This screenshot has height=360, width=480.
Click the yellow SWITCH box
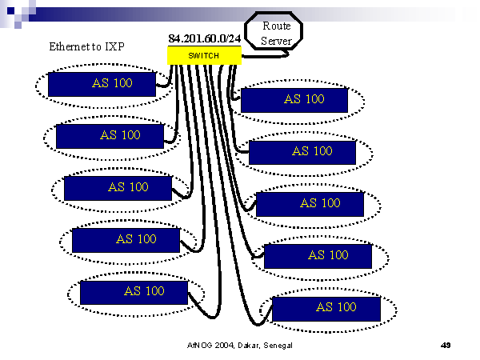point(204,55)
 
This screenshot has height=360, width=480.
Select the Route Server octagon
point(276,33)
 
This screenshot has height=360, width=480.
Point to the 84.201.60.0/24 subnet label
point(205,38)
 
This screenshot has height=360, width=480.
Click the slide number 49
point(446,345)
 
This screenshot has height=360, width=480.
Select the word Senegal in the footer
point(276,345)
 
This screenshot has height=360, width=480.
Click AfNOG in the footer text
point(199,345)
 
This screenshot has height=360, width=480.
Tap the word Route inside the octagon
point(276,26)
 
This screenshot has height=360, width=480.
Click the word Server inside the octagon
point(276,40)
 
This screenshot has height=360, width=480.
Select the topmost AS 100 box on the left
point(102,84)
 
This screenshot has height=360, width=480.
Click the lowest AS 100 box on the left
point(134,292)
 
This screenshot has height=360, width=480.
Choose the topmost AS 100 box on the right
point(294,100)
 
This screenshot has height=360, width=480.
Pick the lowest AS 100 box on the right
point(326,309)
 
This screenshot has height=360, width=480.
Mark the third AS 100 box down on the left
point(118,188)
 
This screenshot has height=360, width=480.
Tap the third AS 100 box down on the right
point(310,204)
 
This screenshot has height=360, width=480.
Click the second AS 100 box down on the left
point(110,136)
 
